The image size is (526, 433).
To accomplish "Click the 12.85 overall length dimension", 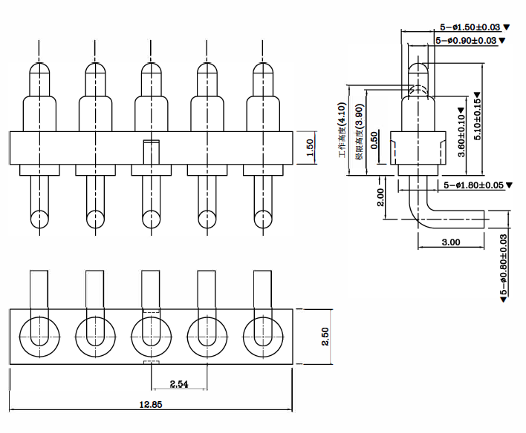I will coord(151,405).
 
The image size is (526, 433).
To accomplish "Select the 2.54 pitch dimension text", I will coord(178,384).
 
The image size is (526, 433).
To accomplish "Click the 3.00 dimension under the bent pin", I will coord(450,242).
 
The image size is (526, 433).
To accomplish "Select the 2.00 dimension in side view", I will coord(381,197).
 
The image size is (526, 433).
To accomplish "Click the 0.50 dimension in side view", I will coord(374,140).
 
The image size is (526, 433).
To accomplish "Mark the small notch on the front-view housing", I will coord(151,142).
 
